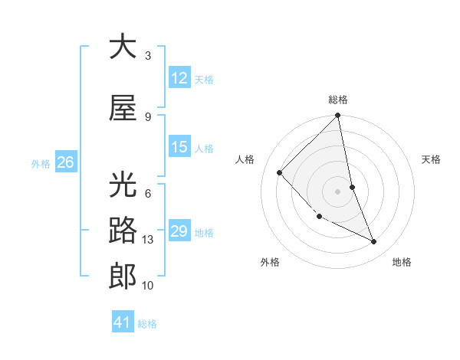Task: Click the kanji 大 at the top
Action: pyautogui.click(x=123, y=47)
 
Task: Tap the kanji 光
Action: pyautogui.click(x=123, y=185)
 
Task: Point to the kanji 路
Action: pyautogui.click(x=123, y=231)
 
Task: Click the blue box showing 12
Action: pyautogui.click(x=179, y=78)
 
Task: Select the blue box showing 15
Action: pyautogui.click(x=179, y=147)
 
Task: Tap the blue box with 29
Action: pyautogui.click(x=179, y=231)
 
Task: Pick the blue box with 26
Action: pyautogui.click(x=65, y=162)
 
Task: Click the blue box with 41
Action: pyautogui.click(x=123, y=322)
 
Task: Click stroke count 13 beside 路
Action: pyautogui.click(x=149, y=240)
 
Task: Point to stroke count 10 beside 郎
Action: pyautogui.click(x=149, y=286)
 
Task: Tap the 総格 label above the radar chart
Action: pyautogui.click(x=338, y=100)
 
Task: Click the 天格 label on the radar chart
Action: pyautogui.click(x=432, y=159)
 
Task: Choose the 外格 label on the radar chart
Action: pyautogui.click(x=270, y=262)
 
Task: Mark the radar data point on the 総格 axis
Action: pyautogui.click(x=338, y=116)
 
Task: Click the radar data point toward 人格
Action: pyautogui.click(x=280, y=172)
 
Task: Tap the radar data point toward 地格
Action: pyautogui.click(x=374, y=241)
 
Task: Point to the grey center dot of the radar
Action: pyautogui.click(x=338, y=191)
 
